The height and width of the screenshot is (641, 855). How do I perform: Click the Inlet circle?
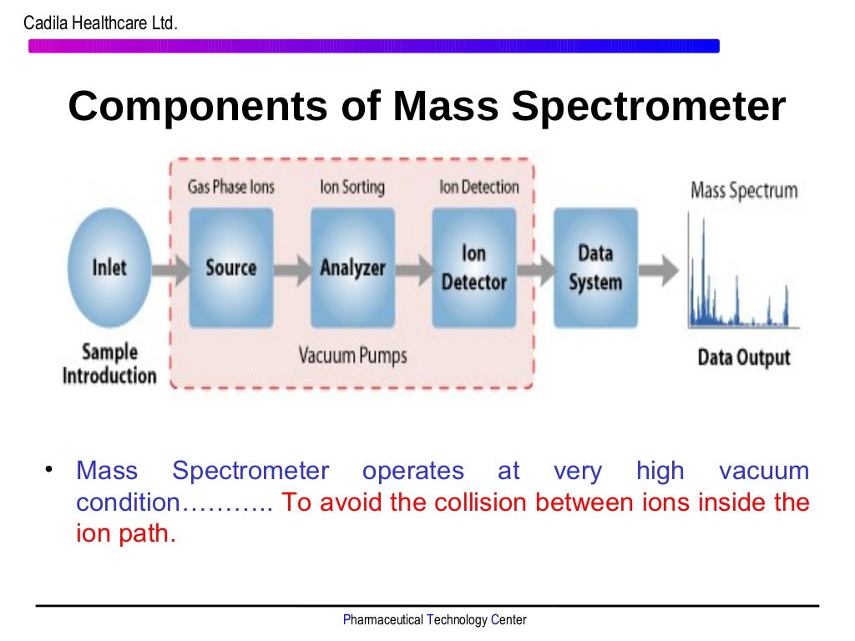(109, 267)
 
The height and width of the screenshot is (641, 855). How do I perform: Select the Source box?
(230, 267)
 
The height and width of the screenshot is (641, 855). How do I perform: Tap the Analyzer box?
(352, 267)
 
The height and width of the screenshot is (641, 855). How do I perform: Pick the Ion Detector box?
(473, 267)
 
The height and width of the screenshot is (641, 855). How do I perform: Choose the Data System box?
(595, 267)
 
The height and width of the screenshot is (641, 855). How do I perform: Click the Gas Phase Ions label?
(230, 187)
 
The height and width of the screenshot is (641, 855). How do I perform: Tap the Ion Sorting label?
(352, 187)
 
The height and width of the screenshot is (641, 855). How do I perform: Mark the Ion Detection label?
(478, 187)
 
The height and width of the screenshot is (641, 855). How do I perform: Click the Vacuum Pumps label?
(352, 356)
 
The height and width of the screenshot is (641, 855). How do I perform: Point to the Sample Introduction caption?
(109, 363)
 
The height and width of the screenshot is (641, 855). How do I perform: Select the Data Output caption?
(743, 358)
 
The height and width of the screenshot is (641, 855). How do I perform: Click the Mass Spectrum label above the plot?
(743, 190)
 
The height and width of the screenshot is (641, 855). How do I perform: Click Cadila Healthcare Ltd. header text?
(100, 24)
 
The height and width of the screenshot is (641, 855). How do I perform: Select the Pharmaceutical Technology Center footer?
(434, 619)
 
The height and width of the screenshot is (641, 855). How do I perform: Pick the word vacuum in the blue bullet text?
(763, 471)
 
